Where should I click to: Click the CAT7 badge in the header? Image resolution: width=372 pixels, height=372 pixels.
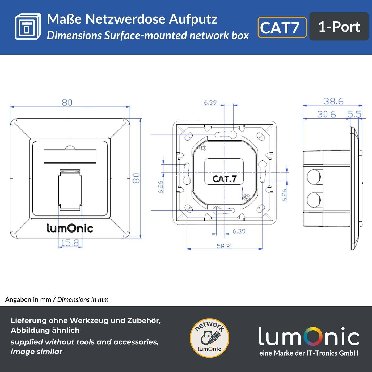tap(282, 27)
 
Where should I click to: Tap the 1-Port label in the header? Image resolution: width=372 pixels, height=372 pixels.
tap(339, 27)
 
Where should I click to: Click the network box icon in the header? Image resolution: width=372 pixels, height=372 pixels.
tap(28, 27)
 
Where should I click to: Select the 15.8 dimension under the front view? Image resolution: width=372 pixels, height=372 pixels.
tap(70, 243)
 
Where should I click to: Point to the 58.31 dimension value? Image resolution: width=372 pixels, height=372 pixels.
tap(224, 246)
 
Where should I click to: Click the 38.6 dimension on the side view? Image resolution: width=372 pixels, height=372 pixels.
tap(333, 101)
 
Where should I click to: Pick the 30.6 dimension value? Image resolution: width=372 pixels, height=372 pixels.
tap(326, 114)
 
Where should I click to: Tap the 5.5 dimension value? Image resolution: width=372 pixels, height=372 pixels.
tap(354, 114)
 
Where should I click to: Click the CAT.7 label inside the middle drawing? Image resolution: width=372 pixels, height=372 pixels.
tap(224, 179)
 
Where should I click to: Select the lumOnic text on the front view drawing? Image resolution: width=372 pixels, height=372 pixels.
tap(70, 228)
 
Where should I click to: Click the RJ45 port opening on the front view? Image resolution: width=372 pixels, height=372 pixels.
tap(70, 190)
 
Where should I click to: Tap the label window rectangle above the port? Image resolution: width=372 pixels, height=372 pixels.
tap(70, 156)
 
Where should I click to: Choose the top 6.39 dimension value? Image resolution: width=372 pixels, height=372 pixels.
tap(210, 102)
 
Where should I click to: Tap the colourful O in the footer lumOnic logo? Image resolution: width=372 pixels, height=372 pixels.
tap(310, 336)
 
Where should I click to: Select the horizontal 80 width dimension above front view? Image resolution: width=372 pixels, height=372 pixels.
tap(67, 102)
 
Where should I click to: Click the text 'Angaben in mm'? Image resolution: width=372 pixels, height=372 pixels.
tap(28, 299)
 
